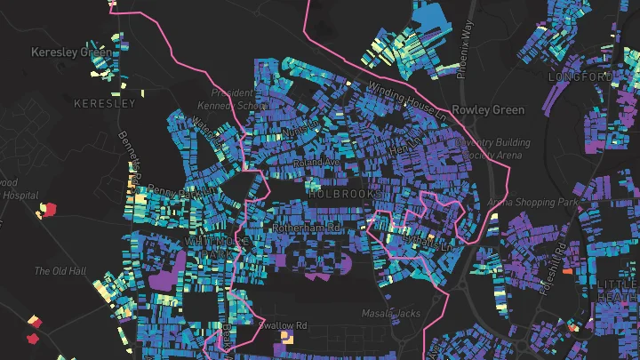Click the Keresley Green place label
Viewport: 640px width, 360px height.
71,52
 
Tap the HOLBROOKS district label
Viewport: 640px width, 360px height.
345,193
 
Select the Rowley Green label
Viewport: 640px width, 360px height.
488,110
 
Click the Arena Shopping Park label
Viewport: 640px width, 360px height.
533,203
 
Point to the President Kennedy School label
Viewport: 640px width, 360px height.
239,99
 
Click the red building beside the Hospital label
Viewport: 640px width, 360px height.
48,210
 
